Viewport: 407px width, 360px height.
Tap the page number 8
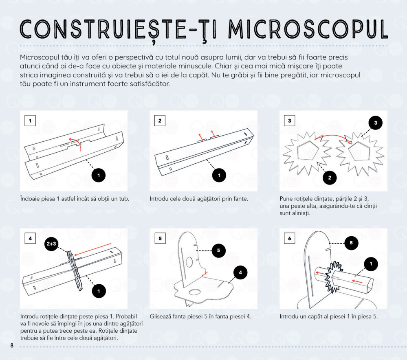[x=12, y=346]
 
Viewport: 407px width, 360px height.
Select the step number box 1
[x=30, y=121]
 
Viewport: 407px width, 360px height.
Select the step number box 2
[x=160, y=121]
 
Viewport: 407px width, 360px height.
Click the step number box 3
[x=289, y=121]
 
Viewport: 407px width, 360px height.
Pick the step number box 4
[x=30, y=239]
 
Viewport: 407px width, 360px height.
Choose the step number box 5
[x=160, y=239]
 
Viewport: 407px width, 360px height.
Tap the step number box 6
[x=289, y=239]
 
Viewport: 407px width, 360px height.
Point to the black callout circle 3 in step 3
[x=376, y=123]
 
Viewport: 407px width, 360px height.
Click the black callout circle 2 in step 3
[x=330, y=177]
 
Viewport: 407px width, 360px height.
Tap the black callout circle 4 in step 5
[x=240, y=272]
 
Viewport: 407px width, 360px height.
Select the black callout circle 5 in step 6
[x=351, y=243]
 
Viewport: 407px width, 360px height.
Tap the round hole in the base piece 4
[x=194, y=292]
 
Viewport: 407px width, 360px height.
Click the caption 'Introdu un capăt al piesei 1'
[x=329, y=316]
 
